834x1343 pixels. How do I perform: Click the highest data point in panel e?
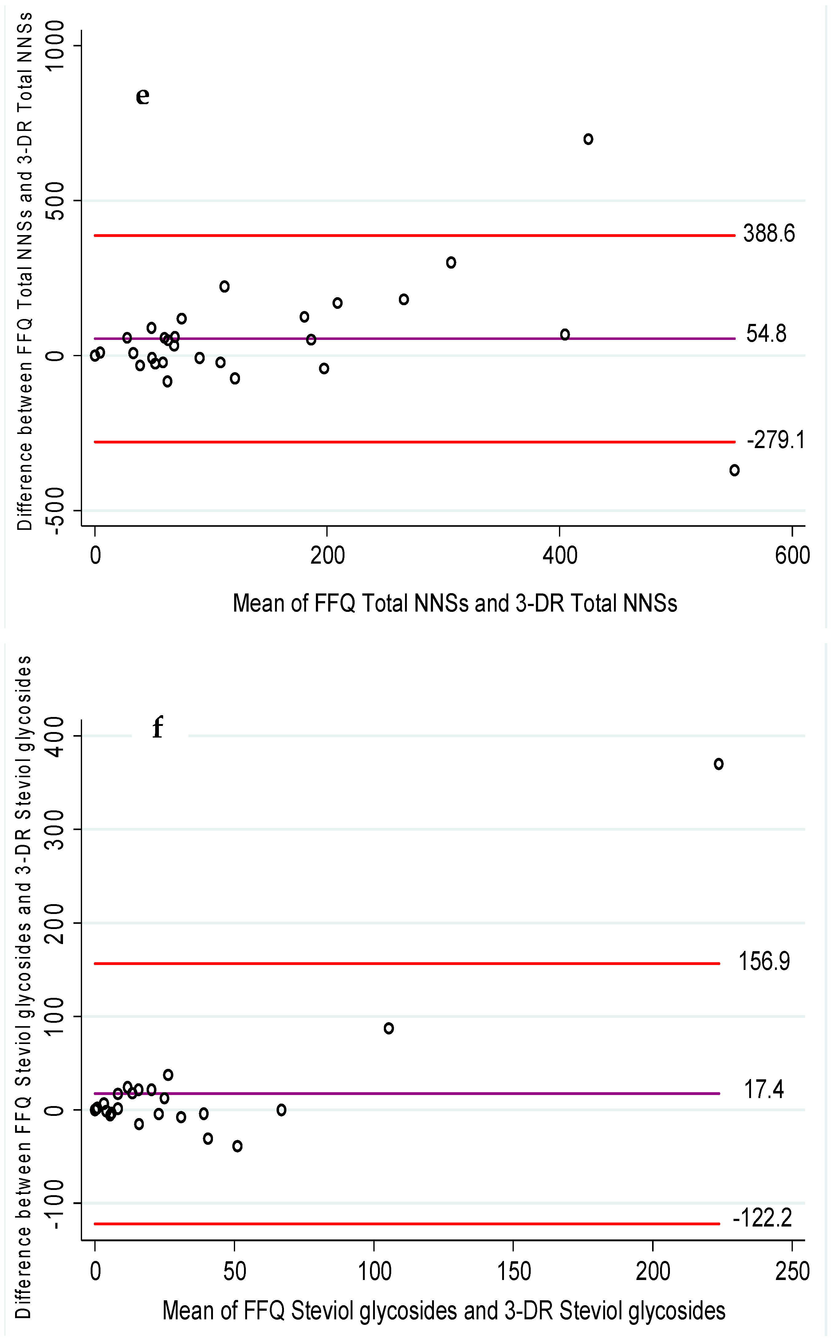588,139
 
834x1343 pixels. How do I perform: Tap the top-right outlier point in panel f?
718,764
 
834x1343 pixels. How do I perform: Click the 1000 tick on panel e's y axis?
55,45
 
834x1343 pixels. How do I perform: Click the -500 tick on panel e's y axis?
55,510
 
